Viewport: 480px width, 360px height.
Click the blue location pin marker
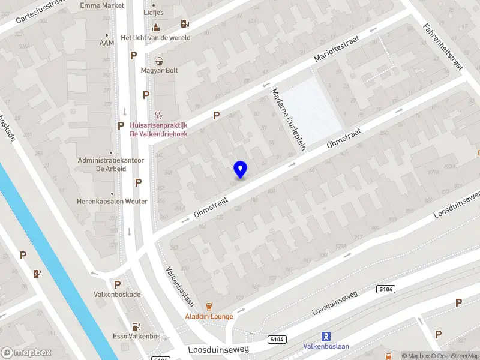coord(241,170)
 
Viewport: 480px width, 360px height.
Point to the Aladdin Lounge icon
coord(209,306)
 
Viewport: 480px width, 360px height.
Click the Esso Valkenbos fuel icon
coord(137,326)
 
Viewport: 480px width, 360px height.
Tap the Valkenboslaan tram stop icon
coord(326,336)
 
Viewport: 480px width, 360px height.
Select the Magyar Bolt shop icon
coord(159,60)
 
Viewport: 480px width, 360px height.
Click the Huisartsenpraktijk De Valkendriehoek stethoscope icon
coord(159,115)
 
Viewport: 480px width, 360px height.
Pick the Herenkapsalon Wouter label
coord(112,202)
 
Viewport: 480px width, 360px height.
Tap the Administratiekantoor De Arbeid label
coord(103,164)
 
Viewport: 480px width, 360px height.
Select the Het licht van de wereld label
coord(155,37)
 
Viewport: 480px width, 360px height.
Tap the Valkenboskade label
coord(117,295)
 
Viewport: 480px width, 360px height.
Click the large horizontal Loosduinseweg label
coord(218,349)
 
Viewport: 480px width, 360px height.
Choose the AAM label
coord(106,43)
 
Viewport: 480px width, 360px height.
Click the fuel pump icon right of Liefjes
coord(185,24)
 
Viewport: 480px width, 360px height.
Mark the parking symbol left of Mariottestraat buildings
coord(216,115)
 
